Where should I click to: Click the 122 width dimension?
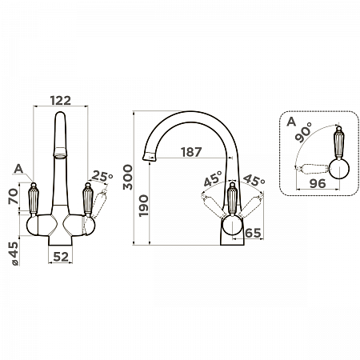click(x=61, y=101)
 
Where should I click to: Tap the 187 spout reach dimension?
click(x=191, y=152)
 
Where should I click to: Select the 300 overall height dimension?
click(x=128, y=177)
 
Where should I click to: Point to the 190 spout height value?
click(x=143, y=206)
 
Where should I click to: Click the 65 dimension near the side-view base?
click(x=253, y=233)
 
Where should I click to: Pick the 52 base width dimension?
click(x=61, y=257)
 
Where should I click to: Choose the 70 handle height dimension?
click(x=14, y=196)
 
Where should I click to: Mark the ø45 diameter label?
click(x=14, y=254)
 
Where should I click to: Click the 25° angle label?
click(x=102, y=176)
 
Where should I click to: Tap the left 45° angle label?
click(x=213, y=178)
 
